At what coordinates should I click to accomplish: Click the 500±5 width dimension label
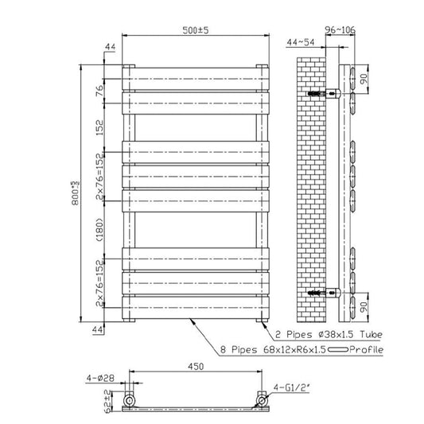tap(194, 31)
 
